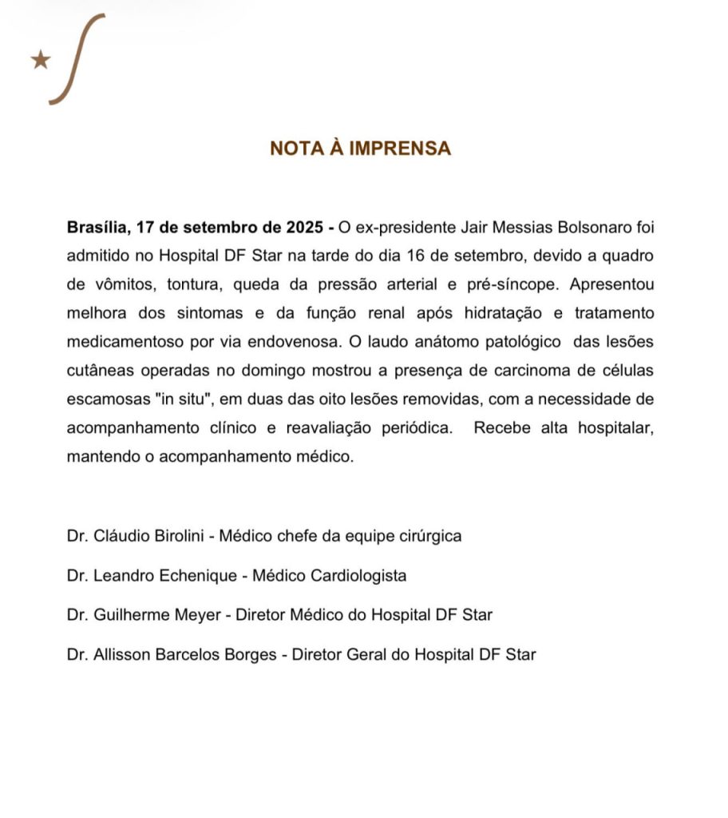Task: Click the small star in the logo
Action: (x=40, y=60)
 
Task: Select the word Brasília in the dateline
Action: (x=98, y=227)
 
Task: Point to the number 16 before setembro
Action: (x=489, y=256)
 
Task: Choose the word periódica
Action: (x=415, y=428)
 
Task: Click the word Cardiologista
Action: (x=361, y=575)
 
